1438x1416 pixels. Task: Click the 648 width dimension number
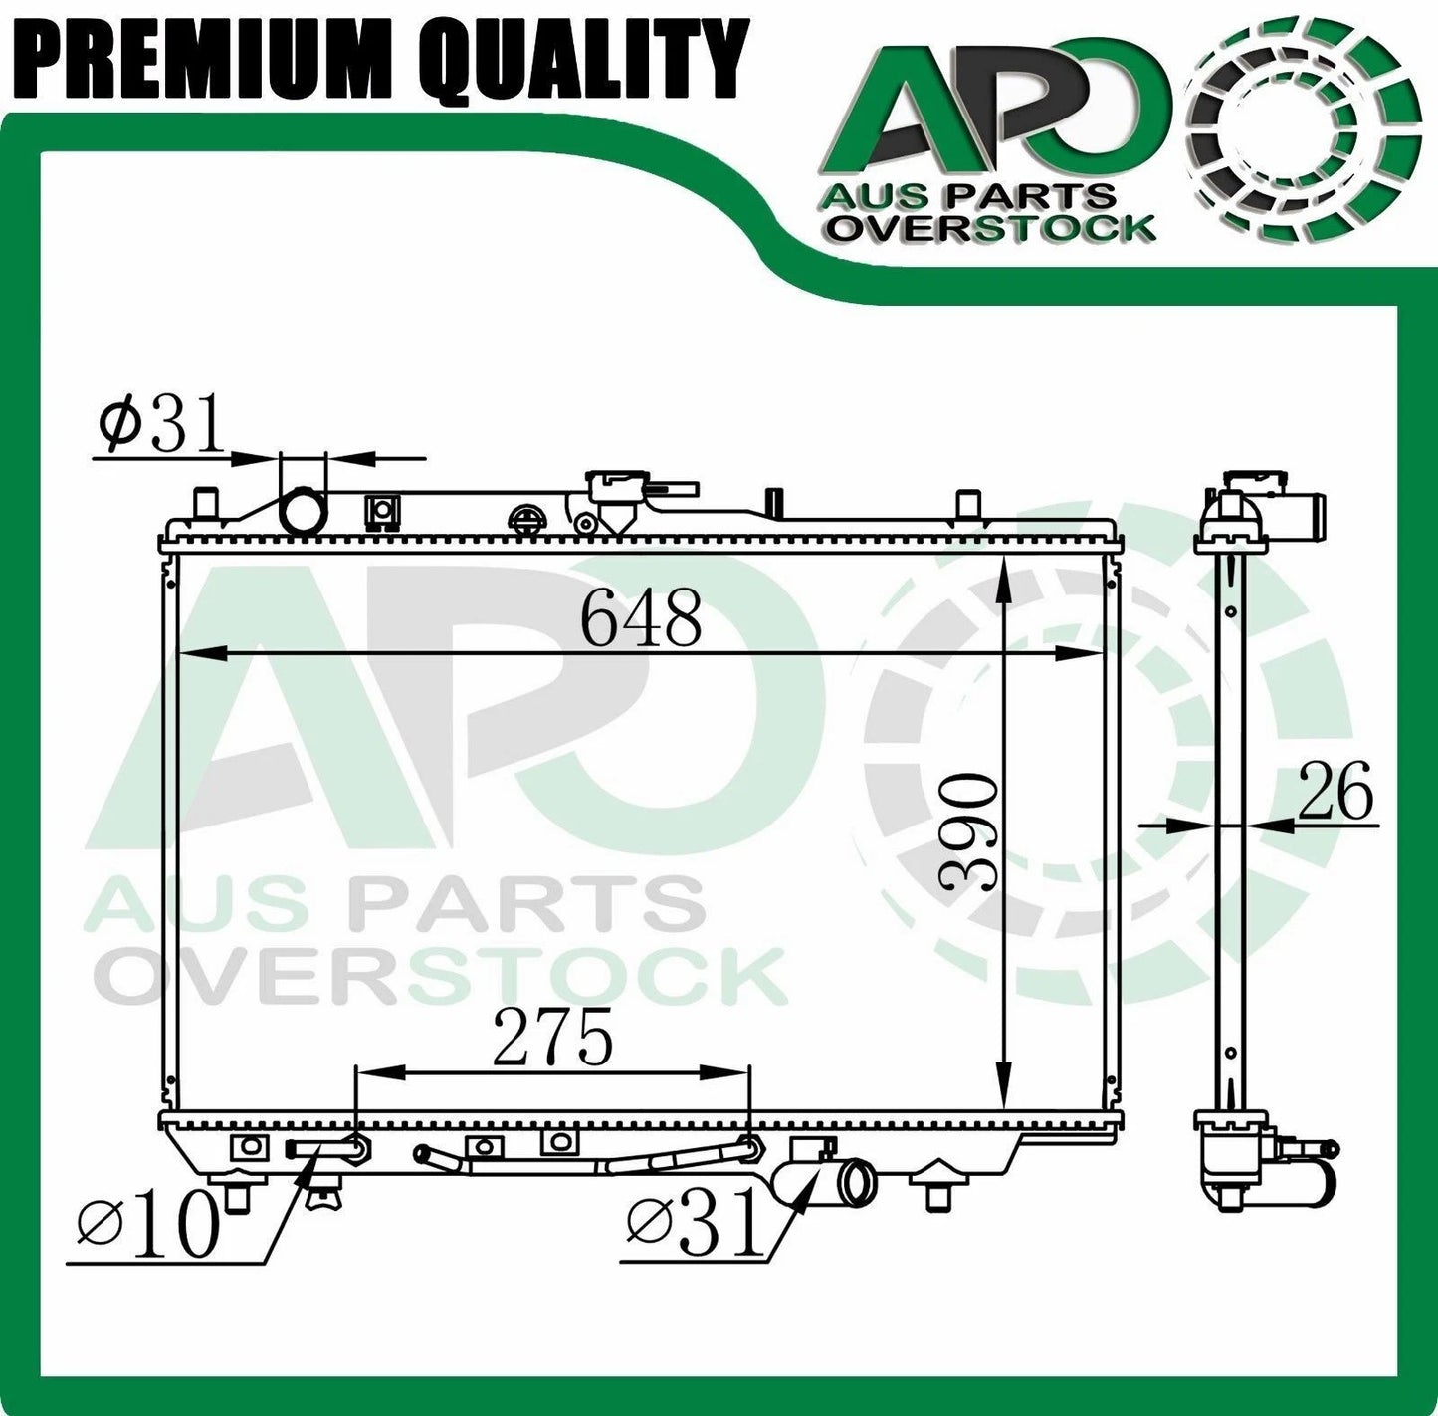(641, 618)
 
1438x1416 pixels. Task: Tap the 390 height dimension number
(967, 831)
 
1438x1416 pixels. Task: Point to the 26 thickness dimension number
(1335, 793)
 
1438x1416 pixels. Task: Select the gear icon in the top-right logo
(1305, 124)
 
